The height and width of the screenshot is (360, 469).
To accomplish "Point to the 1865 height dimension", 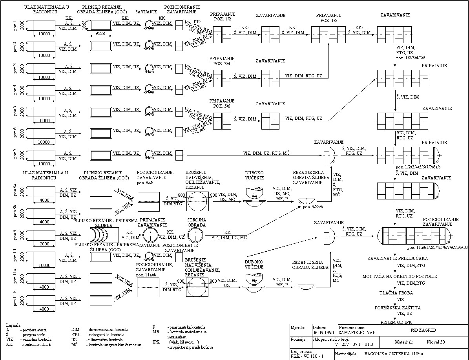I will (x=84, y=25).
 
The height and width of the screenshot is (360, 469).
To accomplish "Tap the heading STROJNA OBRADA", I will (x=195, y=222).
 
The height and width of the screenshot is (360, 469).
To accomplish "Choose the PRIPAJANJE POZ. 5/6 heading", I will (x=222, y=104).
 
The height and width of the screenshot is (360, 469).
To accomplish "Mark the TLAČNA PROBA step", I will (x=396, y=293).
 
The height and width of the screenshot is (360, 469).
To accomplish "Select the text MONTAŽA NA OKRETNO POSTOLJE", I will (x=400, y=276).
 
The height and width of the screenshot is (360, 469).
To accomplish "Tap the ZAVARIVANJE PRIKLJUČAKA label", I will (x=397, y=259).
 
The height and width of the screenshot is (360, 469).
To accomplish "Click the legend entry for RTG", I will (x=75, y=335).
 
